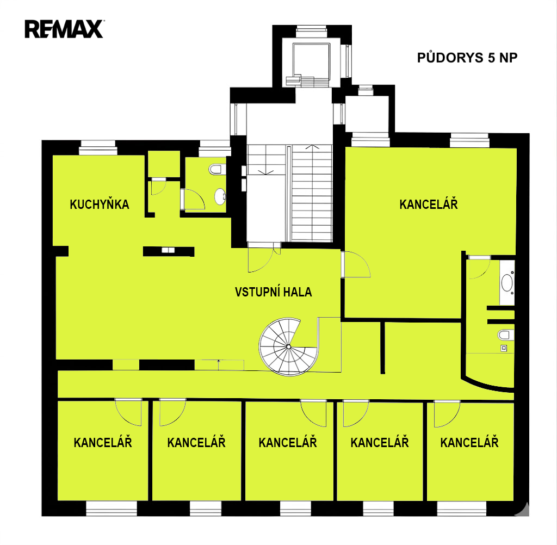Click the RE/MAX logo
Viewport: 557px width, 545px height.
64,29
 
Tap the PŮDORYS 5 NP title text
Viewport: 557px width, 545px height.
467,58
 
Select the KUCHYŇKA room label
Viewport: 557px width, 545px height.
100,205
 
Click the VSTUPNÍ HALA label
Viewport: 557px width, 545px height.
273,292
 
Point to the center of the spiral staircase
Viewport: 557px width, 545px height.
288,346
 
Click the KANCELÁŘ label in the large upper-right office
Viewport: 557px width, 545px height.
429,205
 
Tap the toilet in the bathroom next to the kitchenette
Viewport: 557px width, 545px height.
216,169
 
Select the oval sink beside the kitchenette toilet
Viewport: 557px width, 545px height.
220,196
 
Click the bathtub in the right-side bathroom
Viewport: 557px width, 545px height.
507,283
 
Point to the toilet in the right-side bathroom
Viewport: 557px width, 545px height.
505,335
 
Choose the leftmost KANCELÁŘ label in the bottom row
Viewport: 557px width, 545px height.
103,442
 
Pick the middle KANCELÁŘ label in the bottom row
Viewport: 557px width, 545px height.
288,442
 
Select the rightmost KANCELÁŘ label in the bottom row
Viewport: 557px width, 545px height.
469,442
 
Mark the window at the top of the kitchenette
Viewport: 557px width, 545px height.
98,148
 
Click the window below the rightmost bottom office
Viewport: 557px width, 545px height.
461,509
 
